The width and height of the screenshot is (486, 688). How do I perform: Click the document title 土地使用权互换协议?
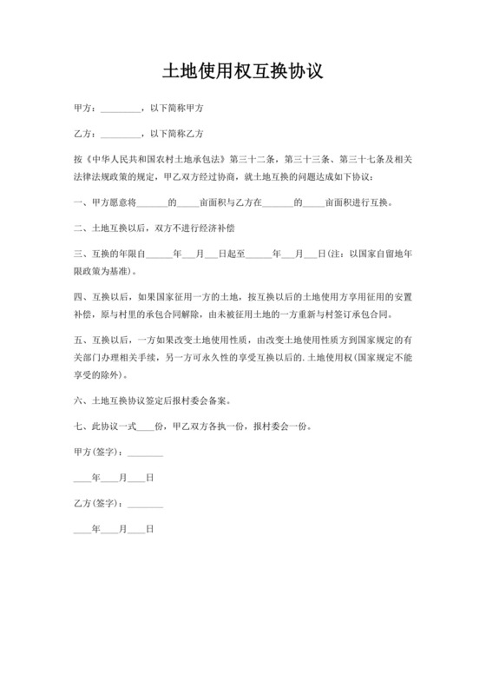coord(243,71)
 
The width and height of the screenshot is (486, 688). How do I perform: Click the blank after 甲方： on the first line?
coord(120,109)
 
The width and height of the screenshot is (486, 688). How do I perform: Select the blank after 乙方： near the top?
coord(120,134)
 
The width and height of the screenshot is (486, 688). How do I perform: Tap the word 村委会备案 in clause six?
coord(209,400)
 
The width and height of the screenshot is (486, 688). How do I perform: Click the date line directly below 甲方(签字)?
coord(113,477)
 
